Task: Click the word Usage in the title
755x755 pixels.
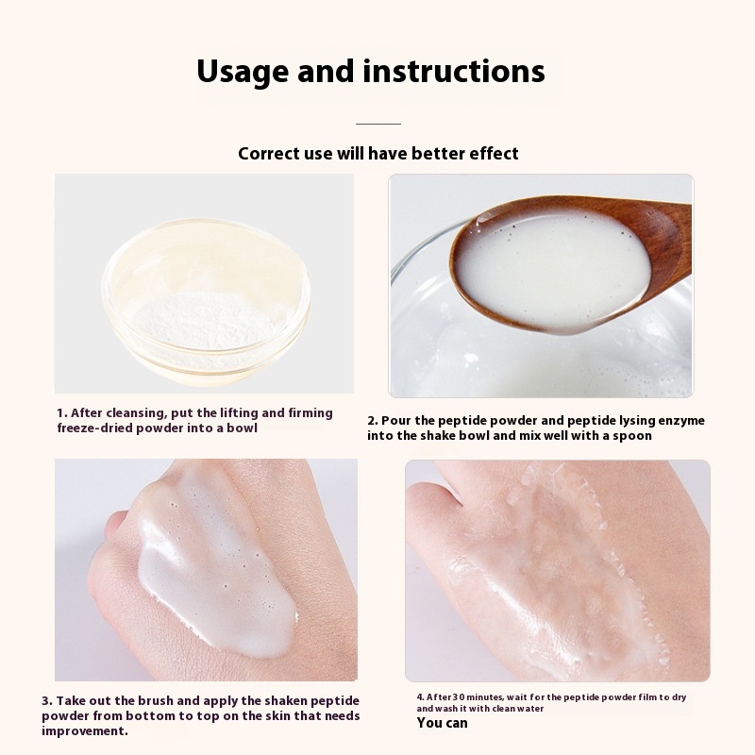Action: (243, 73)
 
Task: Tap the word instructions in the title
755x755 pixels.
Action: (454, 72)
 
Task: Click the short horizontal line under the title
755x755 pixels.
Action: (378, 124)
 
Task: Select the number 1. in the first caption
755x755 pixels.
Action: (61, 413)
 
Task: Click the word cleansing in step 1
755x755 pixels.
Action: (136, 413)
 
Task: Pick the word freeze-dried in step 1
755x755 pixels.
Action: (94, 428)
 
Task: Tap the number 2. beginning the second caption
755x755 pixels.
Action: (373, 421)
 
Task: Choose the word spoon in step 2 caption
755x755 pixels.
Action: (634, 436)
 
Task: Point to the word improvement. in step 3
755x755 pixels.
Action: (85, 731)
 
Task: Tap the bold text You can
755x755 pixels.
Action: (442, 723)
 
